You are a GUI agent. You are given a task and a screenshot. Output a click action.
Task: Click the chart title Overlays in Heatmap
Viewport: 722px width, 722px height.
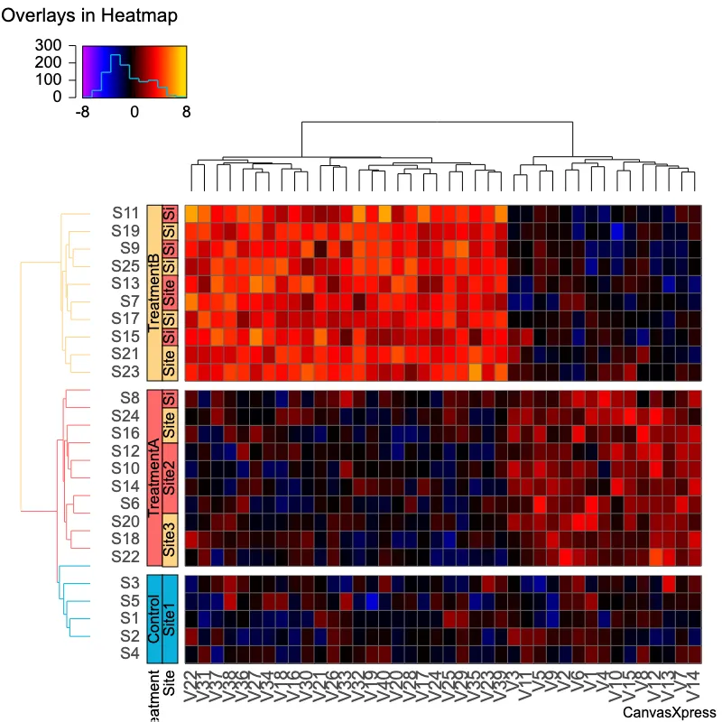pyautogui.click(x=76, y=16)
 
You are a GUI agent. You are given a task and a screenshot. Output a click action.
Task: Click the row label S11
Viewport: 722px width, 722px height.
pyautogui.click(x=125, y=213)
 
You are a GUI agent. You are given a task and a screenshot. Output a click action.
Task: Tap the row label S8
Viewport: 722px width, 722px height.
pyautogui.click(x=129, y=397)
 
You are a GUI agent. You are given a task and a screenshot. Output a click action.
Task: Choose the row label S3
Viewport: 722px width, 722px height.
pyautogui.click(x=129, y=583)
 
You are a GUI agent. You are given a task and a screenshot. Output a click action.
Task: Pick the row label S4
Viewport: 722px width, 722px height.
pyautogui.click(x=129, y=653)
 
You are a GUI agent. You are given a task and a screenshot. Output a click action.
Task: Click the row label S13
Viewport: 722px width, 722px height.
pyautogui.click(x=125, y=282)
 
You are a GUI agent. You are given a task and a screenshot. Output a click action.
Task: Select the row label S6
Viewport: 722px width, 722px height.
pyautogui.click(x=129, y=503)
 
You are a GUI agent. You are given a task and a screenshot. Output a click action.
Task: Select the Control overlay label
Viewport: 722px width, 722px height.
pyautogui.click(x=153, y=617)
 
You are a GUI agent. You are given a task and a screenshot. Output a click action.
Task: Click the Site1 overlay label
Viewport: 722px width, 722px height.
pyautogui.click(x=169, y=617)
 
